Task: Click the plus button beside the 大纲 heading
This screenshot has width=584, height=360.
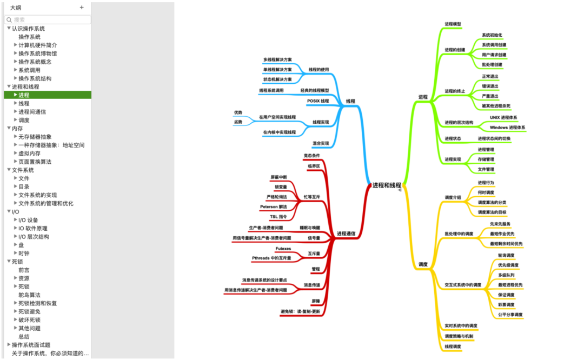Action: tap(82, 8)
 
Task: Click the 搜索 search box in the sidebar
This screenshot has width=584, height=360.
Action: tap(48, 19)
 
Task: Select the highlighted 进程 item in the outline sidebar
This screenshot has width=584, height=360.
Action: tap(24, 95)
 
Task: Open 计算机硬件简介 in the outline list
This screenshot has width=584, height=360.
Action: tap(37, 45)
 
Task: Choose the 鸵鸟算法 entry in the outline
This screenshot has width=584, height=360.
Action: tap(29, 295)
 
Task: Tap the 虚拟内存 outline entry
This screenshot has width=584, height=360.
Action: tap(29, 154)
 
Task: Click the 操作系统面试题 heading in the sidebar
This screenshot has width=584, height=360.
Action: tap(31, 345)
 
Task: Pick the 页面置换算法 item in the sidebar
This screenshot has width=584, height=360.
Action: tap(35, 162)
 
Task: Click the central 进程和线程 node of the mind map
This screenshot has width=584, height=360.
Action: tap(387, 185)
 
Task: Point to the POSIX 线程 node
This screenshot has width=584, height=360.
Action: tap(318, 101)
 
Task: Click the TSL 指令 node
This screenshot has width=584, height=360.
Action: tap(278, 217)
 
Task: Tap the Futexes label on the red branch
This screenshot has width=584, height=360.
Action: tap(283, 249)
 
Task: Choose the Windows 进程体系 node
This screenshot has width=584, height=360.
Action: tap(507, 128)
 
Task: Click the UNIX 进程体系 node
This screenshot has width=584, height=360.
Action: tap(503, 117)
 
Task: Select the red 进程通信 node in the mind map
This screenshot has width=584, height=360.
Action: tap(346, 234)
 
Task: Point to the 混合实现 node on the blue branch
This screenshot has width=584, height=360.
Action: tap(321, 143)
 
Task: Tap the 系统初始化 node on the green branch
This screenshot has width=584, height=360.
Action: tap(492, 35)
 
